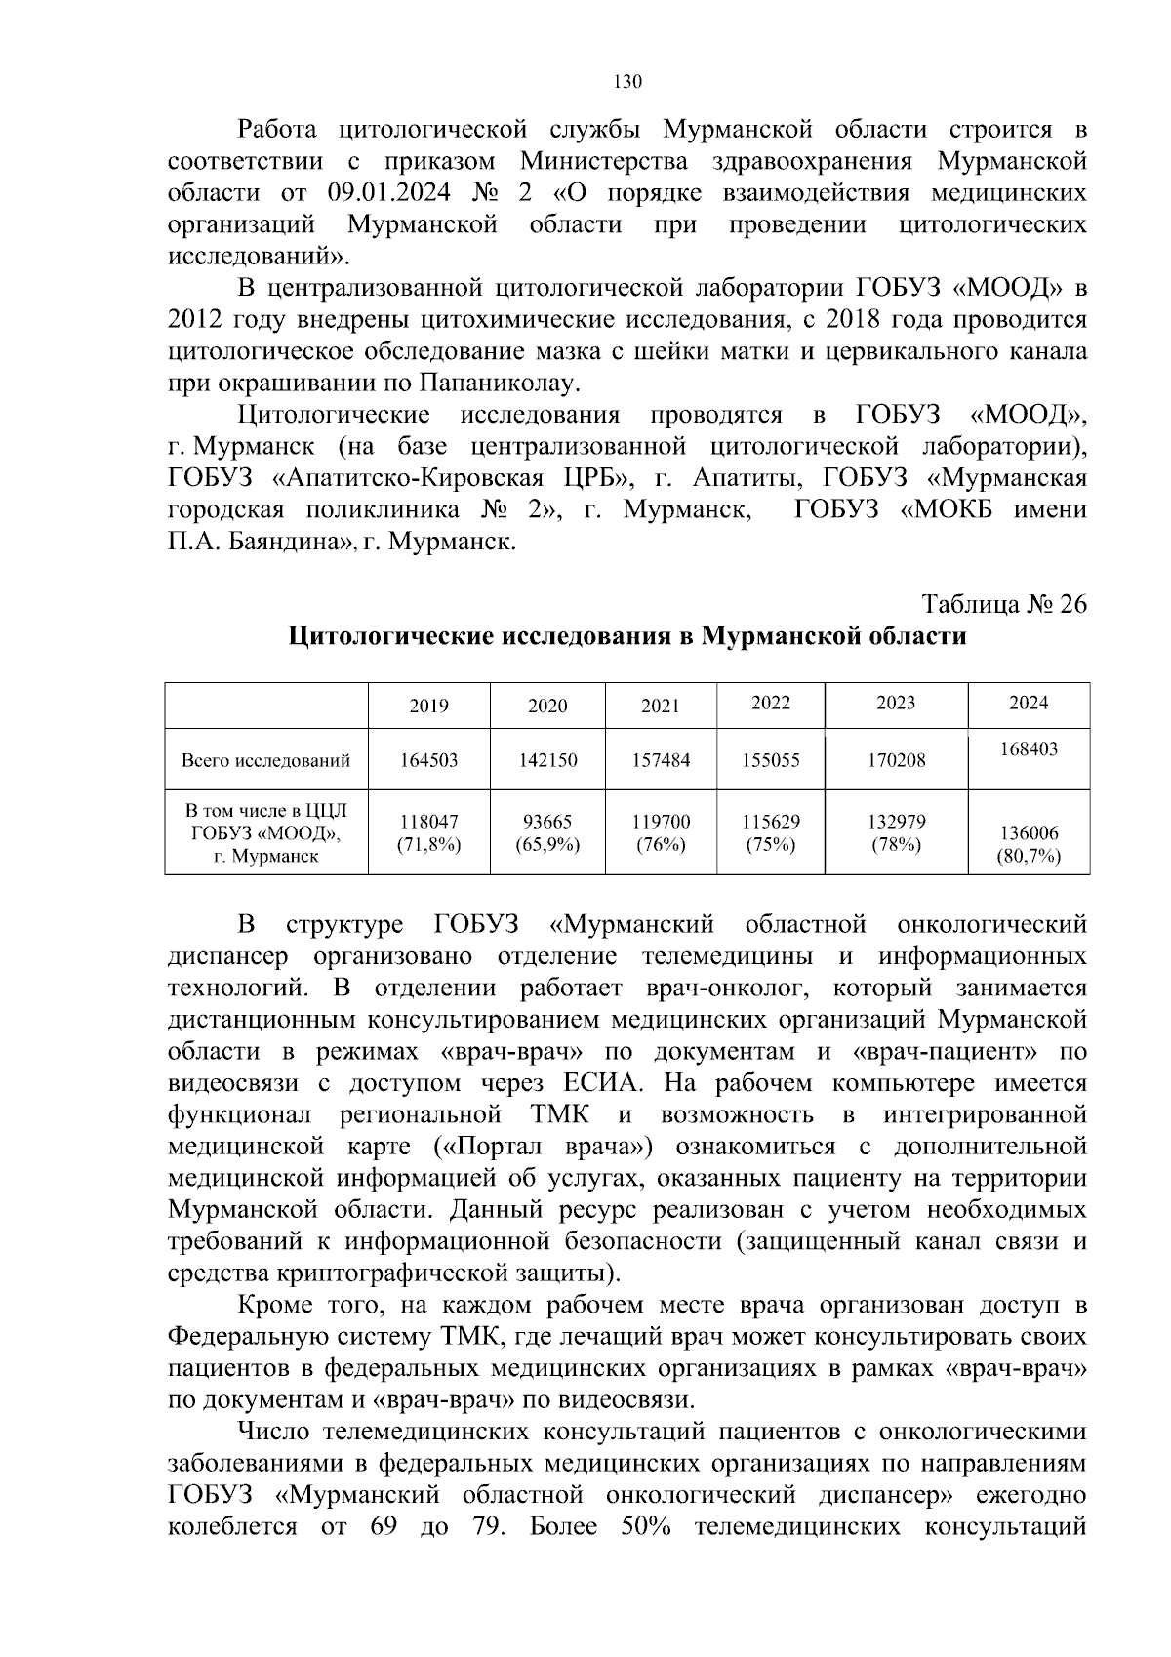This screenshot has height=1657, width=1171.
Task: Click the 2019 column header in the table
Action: [x=428, y=706]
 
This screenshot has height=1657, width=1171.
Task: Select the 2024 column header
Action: [x=1029, y=703]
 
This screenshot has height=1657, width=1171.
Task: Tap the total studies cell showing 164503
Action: [x=428, y=759]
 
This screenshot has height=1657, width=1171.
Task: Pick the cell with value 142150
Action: [x=546, y=759]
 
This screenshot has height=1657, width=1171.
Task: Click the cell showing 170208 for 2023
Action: [x=896, y=759]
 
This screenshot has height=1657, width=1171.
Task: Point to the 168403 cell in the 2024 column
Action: [x=1029, y=749]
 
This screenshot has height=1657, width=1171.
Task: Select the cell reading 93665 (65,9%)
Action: [x=546, y=833]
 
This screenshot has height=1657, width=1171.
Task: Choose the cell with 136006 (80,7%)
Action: [x=1029, y=845]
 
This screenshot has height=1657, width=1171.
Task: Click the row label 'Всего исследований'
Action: [x=265, y=759]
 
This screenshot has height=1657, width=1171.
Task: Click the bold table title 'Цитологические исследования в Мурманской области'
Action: [x=627, y=637]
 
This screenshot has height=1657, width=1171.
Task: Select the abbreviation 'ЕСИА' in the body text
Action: [x=600, y=1083]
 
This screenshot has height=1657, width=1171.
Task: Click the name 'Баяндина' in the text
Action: [x=283, y=543]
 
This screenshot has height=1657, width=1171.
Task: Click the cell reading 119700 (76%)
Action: [x=660, y=833]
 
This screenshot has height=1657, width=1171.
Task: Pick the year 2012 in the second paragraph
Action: [x=199, y=320]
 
